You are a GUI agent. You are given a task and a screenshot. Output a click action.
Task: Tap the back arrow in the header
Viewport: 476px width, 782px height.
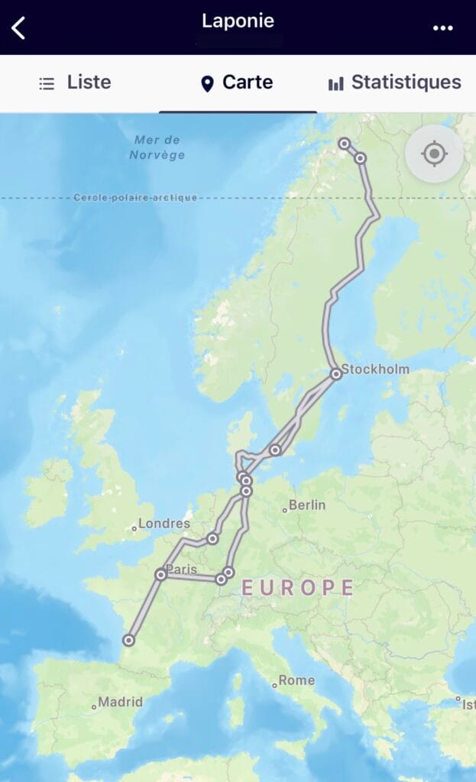click(x=19, y=27)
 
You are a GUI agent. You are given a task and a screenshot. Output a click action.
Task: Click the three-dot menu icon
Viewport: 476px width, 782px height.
click(x=443, y=28)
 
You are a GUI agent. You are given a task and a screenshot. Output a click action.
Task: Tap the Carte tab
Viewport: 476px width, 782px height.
click(x=237, y=82)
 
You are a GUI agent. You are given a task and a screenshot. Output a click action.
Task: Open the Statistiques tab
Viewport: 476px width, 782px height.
click(x=395, y=82)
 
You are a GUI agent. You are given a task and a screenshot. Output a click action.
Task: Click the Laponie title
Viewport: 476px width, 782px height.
click(x=238, y=21)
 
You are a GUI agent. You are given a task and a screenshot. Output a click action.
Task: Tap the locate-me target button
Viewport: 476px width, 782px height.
click(x=434, y=153)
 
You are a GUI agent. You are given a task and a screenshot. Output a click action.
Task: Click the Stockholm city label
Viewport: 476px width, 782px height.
click(x=375, y=370)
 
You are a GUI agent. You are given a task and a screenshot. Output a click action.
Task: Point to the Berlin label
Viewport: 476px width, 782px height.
click(x=307, y=505)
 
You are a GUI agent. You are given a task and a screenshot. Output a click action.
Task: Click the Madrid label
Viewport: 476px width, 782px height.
click(x=121, y=702)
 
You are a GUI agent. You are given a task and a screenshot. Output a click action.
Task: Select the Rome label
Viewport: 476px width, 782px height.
click(x=296, y=680)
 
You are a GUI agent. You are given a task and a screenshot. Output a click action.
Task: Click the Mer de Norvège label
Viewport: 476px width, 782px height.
click(x=157, y=147)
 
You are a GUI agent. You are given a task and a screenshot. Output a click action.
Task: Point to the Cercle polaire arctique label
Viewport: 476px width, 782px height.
click(x=135, y=198)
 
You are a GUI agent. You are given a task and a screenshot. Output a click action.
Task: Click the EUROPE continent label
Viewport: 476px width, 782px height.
click(x=298, y=587)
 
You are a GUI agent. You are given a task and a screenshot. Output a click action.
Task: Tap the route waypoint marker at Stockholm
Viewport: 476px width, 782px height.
click(x=336, y=373)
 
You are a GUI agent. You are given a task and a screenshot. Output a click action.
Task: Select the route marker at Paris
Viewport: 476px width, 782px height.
click(x=161, y=574)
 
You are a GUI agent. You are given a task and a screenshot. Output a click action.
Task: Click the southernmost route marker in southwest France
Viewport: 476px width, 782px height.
click(x=129, y=640)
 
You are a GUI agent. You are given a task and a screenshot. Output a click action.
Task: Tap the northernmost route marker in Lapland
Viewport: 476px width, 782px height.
click(x=345, y=143)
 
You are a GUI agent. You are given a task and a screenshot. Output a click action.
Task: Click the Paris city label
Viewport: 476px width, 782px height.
click(x=182, y=569)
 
